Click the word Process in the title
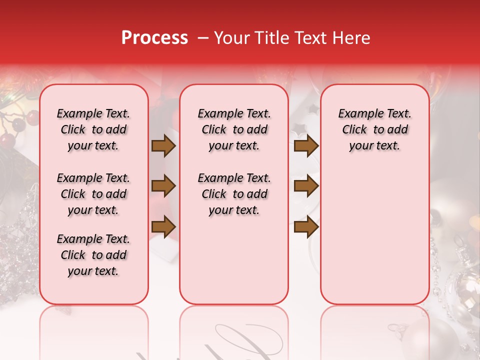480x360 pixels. coord(154,38)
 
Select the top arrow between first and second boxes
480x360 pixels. coord(163,145)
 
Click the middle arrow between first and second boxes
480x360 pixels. coord(163,186)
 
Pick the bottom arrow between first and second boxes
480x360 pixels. coord(163,226)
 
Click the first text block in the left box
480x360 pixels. coord(93,129)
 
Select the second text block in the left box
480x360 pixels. coord(93,194)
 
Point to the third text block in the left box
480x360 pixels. coord(93,255)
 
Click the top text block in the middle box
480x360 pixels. coord(234,129)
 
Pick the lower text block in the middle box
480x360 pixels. coord(234,194)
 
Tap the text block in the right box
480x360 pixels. coord(375,129)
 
